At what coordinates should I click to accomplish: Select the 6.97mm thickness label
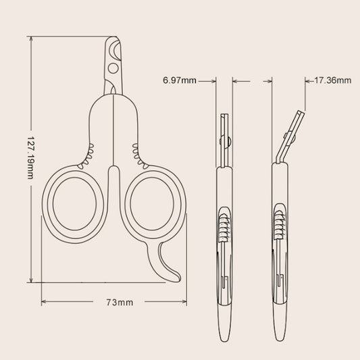(x=180, y=80)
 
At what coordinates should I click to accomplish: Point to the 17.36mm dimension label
(x=333, y=80)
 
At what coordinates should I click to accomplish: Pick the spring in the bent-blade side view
(x=279, y=226)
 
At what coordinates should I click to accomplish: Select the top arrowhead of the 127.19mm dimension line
(x=32, y=39)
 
